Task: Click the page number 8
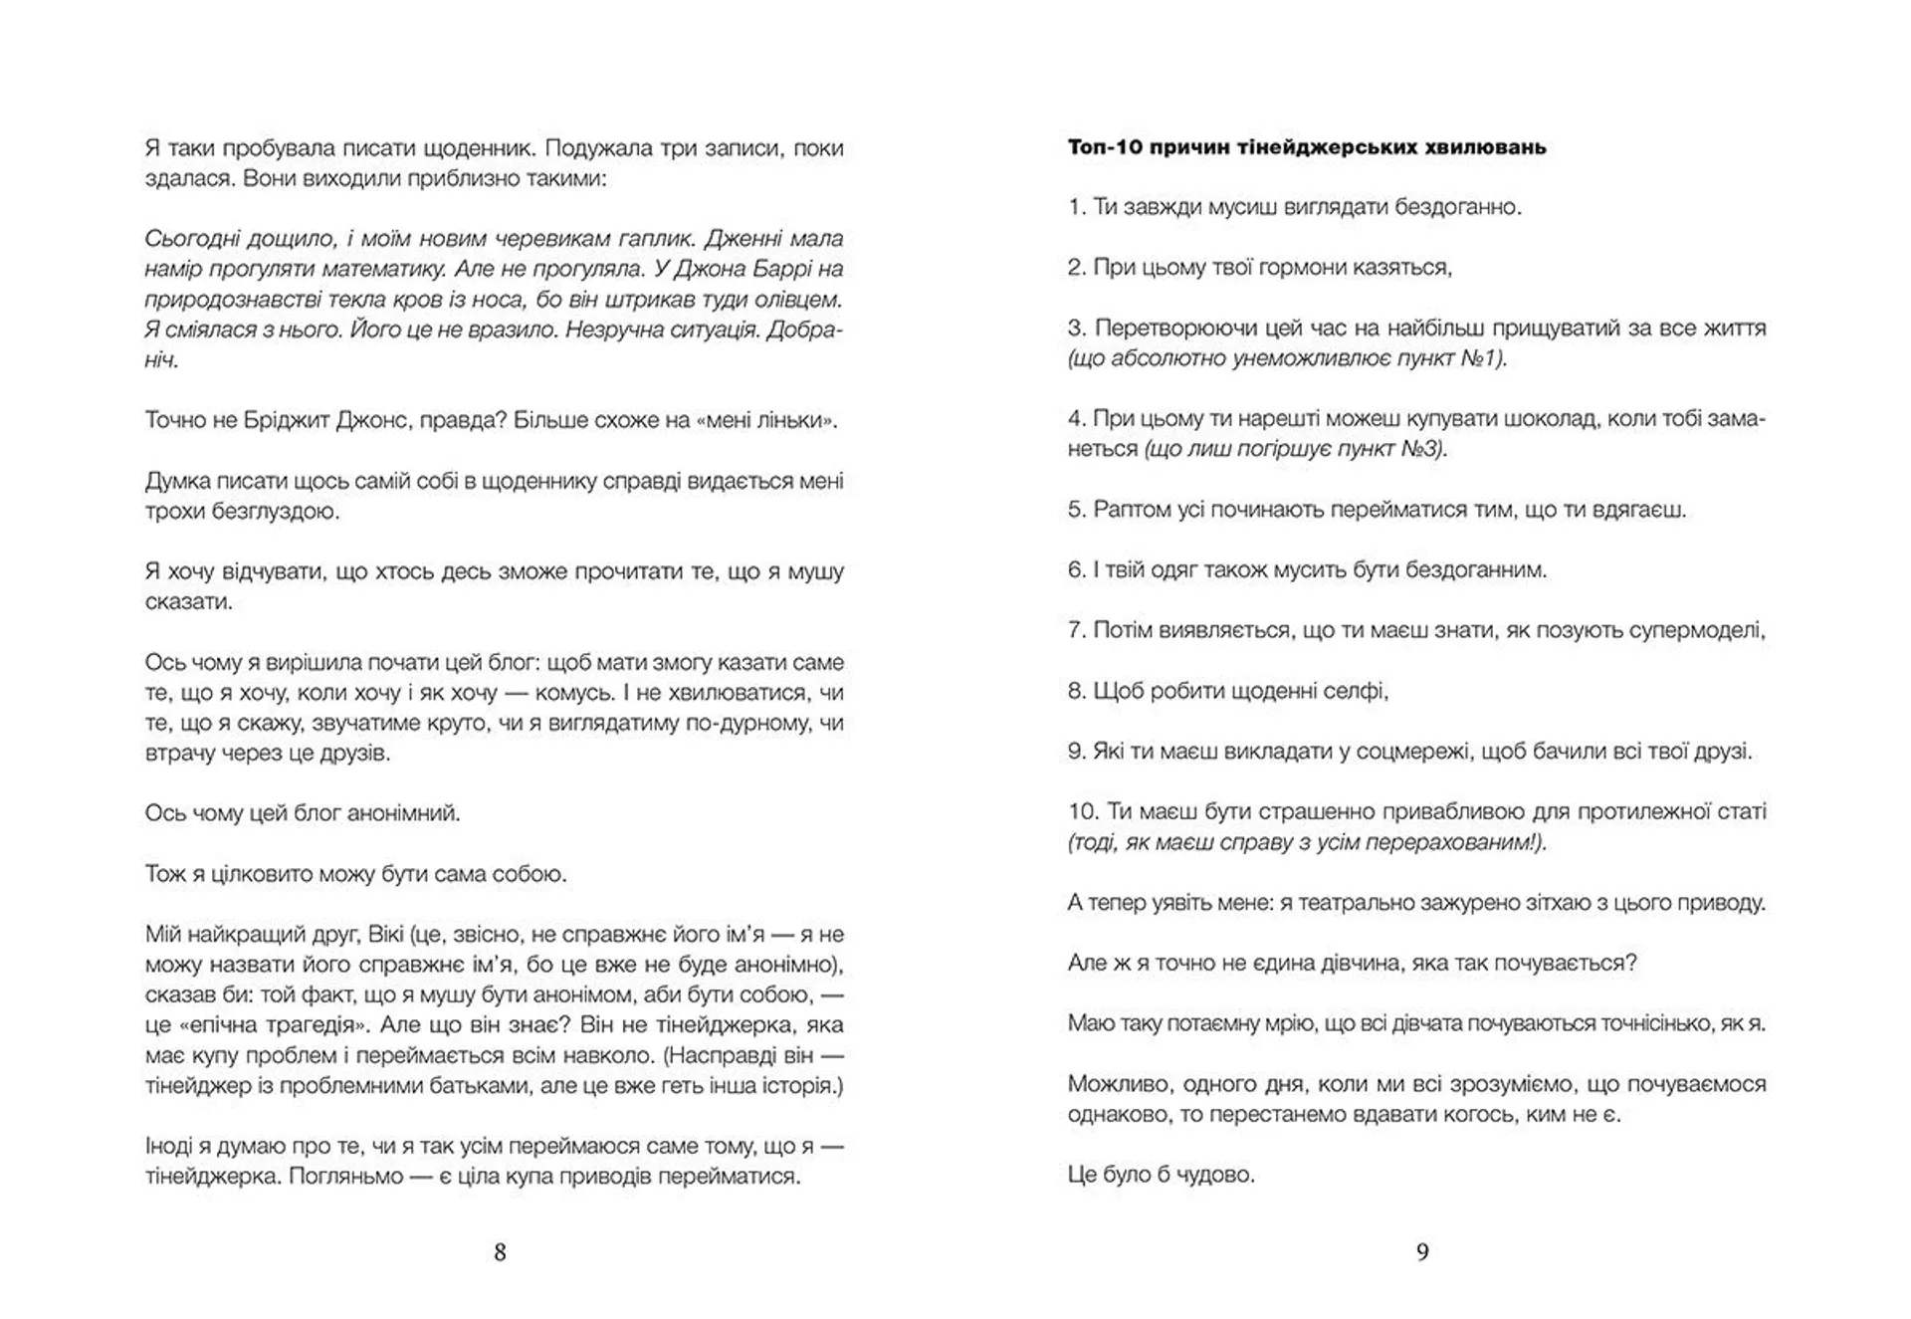point(500,1252)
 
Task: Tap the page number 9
point(1422,1252)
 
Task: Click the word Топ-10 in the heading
point(1103,147)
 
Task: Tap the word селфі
point(1356,691)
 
